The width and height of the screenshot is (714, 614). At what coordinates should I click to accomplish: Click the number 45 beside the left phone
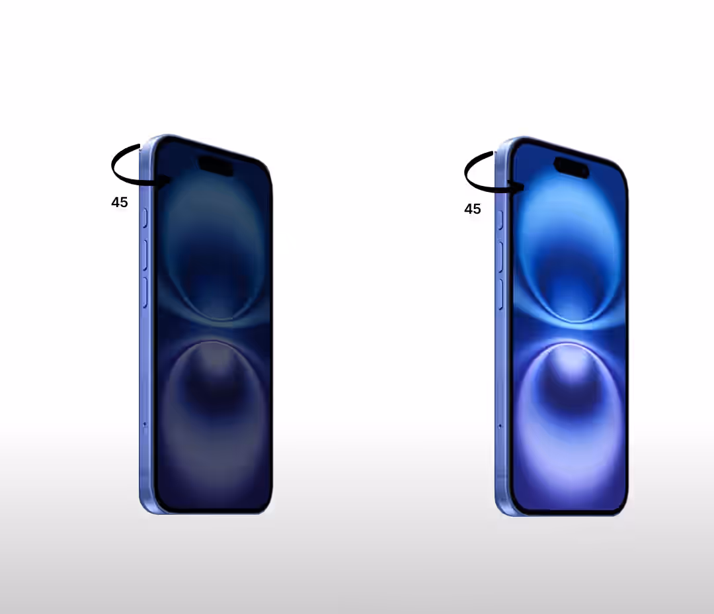point(120,202)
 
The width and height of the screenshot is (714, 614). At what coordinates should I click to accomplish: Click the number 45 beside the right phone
point(473,209)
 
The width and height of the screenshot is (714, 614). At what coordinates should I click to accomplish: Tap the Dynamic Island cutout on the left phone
point(216,166)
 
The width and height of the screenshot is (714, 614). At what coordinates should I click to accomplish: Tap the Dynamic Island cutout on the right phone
point(571,167)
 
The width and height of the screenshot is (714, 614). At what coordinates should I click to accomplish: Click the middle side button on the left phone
point(145,254)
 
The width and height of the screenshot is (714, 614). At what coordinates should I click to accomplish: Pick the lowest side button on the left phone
point(145,292)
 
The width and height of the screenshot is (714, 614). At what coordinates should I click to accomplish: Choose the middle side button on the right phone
point(501,257)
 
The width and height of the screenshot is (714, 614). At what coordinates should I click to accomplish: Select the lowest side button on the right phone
point(501,294)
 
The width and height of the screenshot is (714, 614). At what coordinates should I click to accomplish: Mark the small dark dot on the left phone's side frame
point(145,424)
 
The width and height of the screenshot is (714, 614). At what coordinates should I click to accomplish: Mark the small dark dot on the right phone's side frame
point(500,425)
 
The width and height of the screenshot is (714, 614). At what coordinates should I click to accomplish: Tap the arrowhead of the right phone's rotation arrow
point(520,188)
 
